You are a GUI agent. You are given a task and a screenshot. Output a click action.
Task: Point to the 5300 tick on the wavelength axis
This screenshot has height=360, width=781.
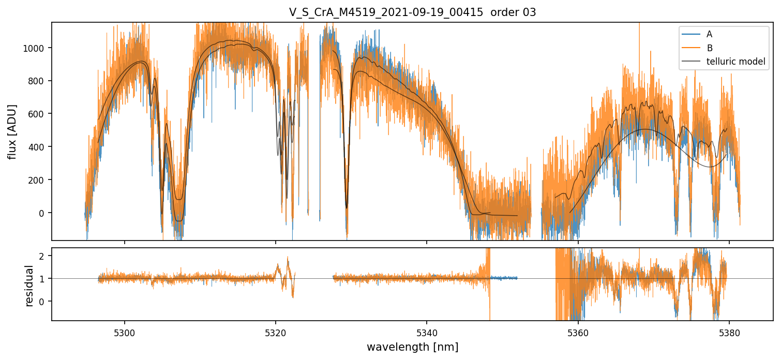tap(125, 333)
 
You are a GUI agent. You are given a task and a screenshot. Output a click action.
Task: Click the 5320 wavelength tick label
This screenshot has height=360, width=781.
tap(276, 333)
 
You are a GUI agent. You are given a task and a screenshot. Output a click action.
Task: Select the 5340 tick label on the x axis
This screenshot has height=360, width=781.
tap(427, 333)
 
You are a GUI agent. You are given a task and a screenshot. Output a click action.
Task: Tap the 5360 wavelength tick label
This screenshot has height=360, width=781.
tap(578, 333)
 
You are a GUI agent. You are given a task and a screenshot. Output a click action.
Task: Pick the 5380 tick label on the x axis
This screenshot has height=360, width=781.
tap(729, 333)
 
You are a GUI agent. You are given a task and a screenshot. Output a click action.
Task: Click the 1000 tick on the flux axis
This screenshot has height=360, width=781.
tap(34, 48)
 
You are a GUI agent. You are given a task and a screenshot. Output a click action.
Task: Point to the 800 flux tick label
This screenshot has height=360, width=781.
tap(36, 81)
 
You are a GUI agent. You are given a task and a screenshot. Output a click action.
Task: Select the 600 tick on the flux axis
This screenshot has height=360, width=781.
tap(36, 114)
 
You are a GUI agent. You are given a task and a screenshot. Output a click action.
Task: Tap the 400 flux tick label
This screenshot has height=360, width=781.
tap(36, 147)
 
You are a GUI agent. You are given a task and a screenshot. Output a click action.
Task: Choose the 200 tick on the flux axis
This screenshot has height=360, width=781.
tap(36, 181)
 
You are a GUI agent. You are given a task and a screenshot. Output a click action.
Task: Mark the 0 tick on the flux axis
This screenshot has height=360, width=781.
tap(41, 213)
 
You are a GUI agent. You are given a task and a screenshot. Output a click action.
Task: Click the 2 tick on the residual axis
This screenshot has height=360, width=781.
tap(41, 256)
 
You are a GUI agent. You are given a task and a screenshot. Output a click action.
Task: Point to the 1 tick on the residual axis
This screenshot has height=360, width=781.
tap(41, 279)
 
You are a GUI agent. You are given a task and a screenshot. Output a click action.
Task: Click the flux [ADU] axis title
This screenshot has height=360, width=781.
tap(12, 132)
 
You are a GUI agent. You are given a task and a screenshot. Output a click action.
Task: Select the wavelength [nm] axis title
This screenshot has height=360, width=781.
tap(412, 347)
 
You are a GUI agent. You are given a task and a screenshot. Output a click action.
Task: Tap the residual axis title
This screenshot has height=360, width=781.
tap(29, 286)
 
